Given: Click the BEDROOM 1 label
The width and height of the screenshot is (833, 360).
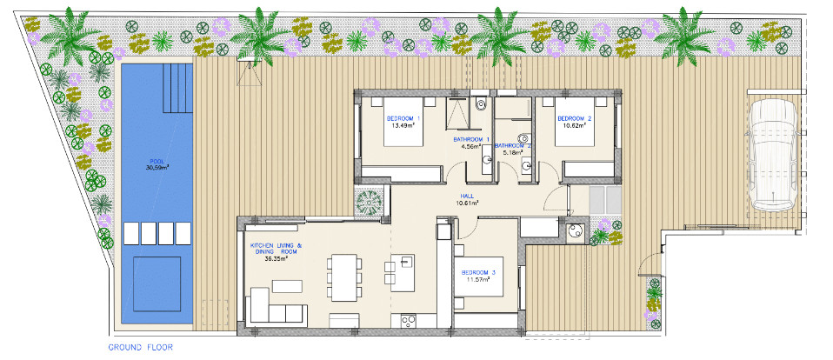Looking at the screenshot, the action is [403, 118].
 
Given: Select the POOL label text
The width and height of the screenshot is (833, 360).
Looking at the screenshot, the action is [157, 162].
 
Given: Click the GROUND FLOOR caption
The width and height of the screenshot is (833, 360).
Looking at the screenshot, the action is [140, 348].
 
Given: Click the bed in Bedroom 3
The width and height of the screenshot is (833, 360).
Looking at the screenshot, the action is [478, 277].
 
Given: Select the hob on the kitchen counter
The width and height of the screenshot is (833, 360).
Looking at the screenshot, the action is [408, 321].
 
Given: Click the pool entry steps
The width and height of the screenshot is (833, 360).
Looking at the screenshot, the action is [177, 88].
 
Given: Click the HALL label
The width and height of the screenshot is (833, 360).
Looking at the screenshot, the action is [468, 196].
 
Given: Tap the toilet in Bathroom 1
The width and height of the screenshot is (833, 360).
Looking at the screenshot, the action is [482, 103].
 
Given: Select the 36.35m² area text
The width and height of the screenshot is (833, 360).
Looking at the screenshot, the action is [276, 259].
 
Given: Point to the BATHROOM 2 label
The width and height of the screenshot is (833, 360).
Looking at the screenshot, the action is [513, 145].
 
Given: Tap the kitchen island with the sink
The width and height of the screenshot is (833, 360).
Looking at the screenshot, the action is [403, 272].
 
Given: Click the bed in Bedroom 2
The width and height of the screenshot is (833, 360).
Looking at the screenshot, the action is [575, 122].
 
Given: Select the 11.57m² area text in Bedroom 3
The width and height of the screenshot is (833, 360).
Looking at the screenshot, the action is [478, 279].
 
